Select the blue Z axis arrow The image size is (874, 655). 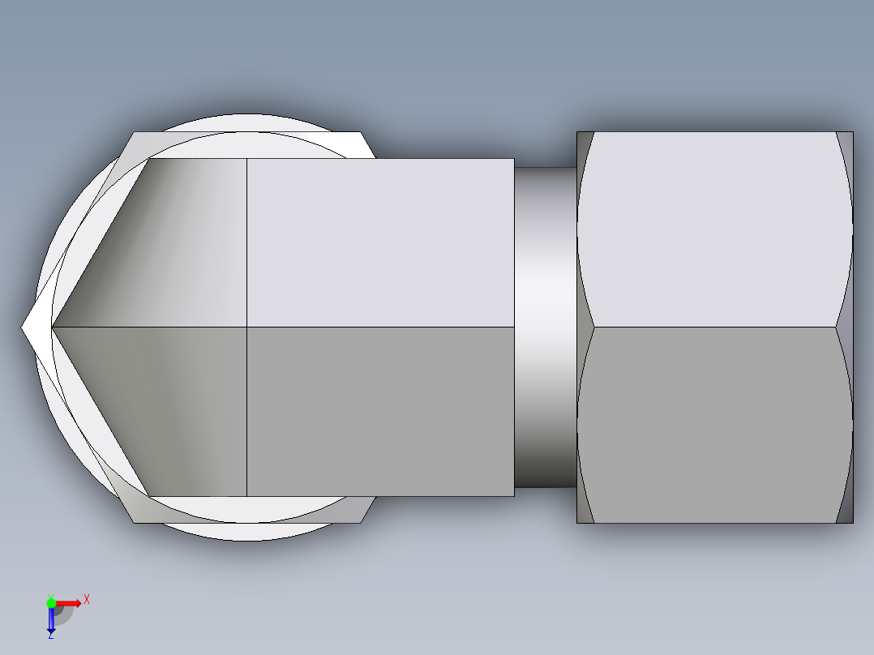pyautogui.click(x=50, y=620)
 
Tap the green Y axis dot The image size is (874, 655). pyautogui.click(x=51, y=602)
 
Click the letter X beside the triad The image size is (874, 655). pyautogui.click(x=86, y=599)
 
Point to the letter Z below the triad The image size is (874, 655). pyautogui.click(x=50, y=636)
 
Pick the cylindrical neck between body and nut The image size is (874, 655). pyautogui.click(x=545, y=324)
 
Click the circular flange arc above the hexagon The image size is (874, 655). pyautogui.click(x=247, y=122)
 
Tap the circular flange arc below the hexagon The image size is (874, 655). pyautogui.click(x=247, y=533)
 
